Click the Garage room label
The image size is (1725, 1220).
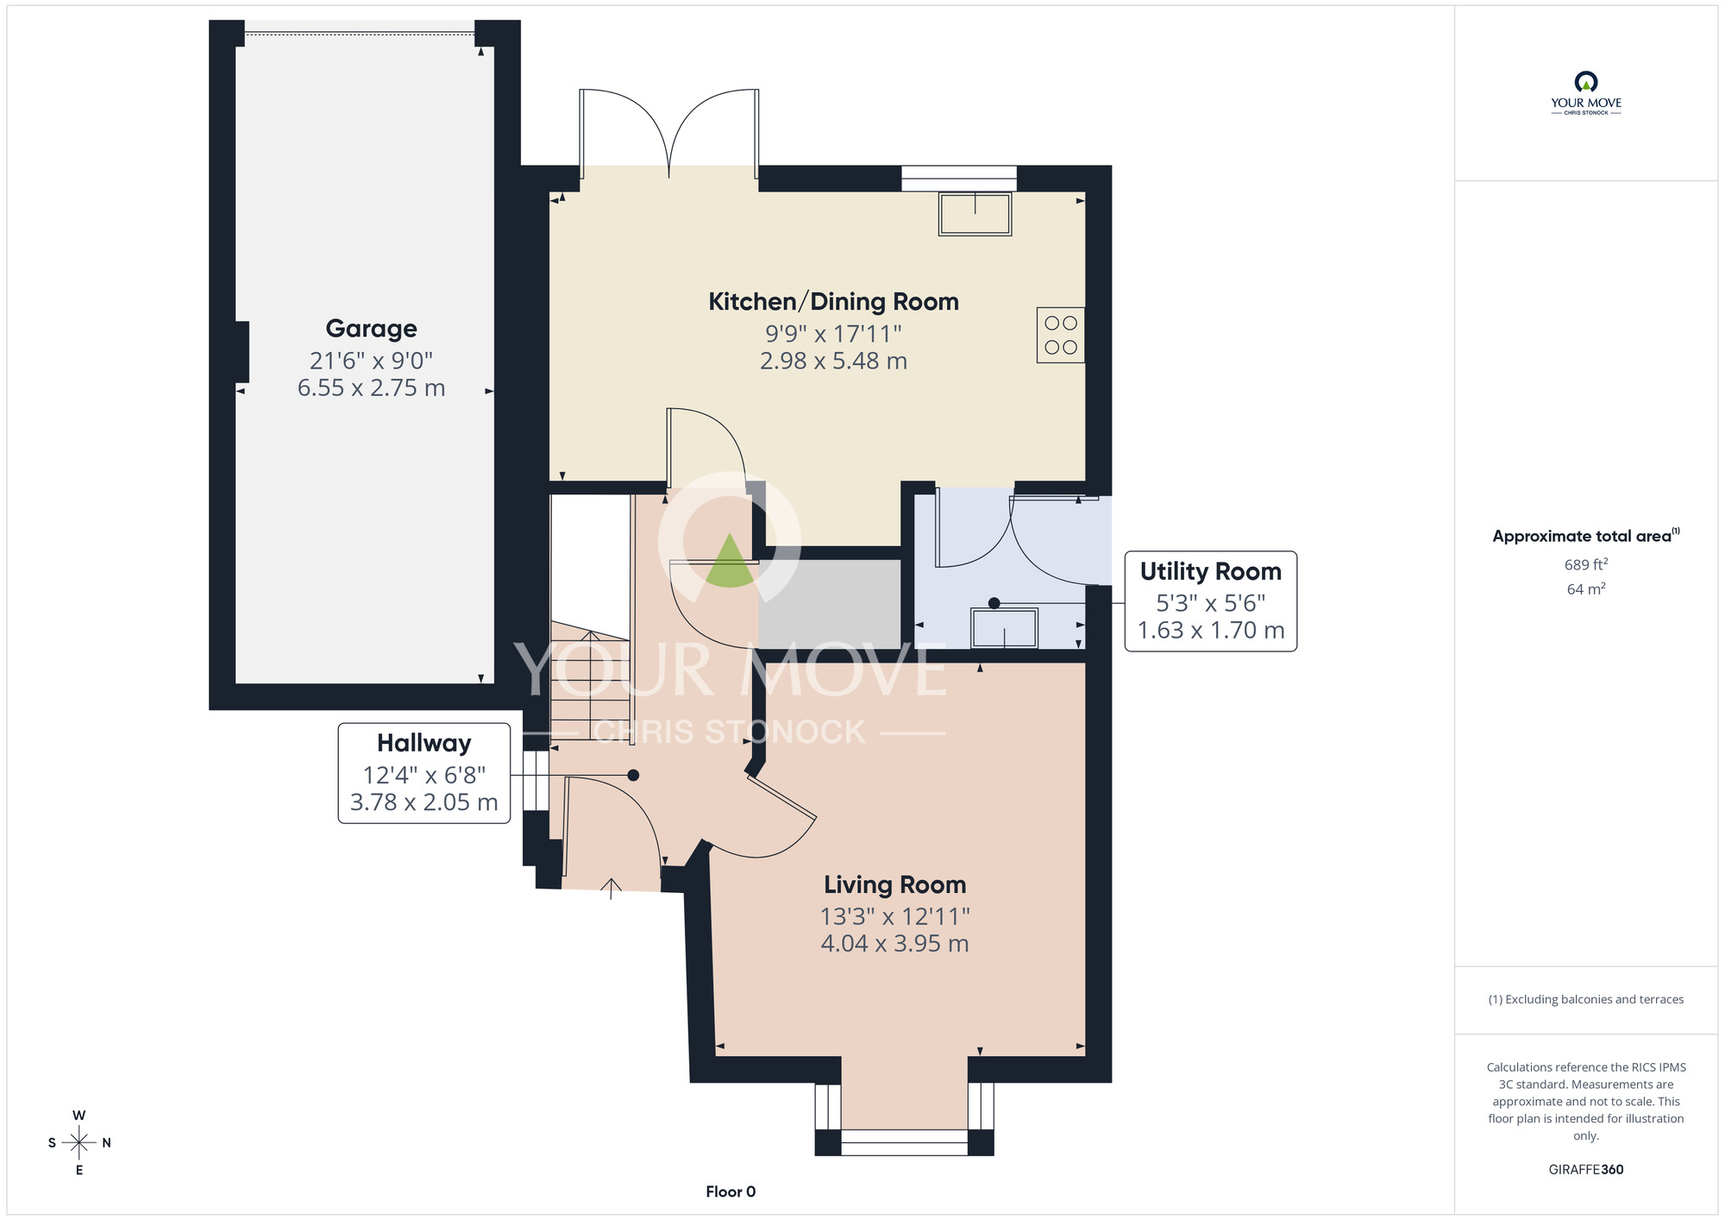[371, 329]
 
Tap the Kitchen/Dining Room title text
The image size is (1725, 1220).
[833, 302]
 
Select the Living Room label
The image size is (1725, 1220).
[894, 885]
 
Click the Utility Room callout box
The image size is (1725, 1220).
[1210, 601]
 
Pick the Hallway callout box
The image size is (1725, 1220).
[423, 773]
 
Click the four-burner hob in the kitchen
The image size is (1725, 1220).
[1060, 335]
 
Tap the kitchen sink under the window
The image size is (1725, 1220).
[975, 214]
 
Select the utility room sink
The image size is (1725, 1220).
[1004, 628]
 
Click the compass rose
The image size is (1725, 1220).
[79, 1143]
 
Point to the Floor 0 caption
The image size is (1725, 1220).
[730, 1192]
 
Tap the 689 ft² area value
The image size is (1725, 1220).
[1585, 565]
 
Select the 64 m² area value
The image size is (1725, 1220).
[1585, 589]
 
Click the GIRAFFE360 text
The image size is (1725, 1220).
[1585, 1170]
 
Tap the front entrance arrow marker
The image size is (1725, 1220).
[611, 888]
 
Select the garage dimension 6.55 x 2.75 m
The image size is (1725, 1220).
[371, 388]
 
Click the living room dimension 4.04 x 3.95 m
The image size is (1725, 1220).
[894, 944]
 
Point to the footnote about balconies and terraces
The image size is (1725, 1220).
[1585, 999]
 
